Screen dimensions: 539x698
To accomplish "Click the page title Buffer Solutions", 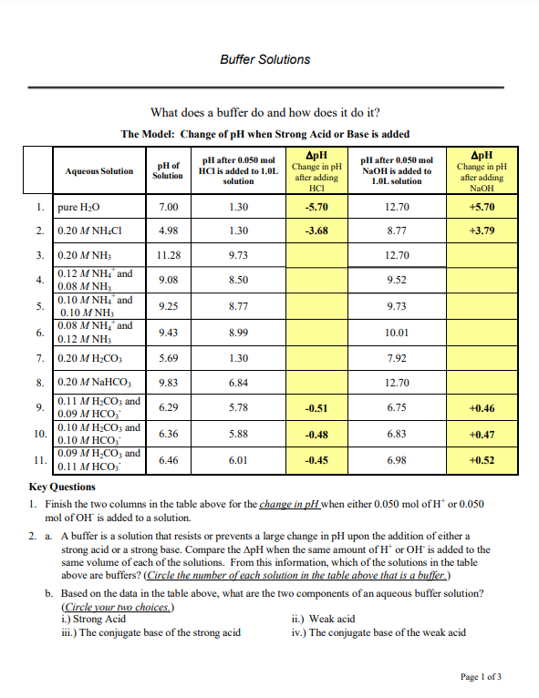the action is [264, 60].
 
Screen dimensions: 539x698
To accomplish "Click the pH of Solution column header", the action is [167, 170].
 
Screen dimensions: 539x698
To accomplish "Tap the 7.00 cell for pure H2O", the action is [168, 207].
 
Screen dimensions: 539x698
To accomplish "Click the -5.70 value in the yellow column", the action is [317, 207].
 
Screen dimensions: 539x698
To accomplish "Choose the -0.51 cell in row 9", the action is [317, 409].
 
